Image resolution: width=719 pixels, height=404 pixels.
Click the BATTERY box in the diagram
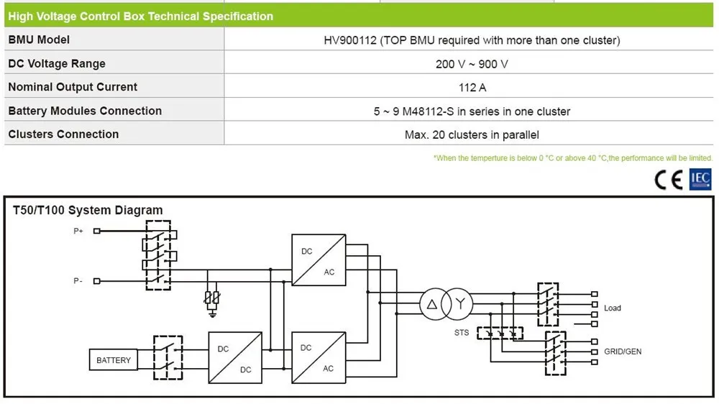114,360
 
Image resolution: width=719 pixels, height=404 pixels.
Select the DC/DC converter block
235,358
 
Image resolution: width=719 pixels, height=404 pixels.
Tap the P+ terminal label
78,231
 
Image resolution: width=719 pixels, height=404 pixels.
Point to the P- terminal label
78,280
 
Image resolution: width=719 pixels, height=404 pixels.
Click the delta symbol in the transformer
432,304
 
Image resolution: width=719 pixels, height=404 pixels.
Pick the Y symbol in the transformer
460,303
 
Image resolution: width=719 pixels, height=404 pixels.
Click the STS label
462,332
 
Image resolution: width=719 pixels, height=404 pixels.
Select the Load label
612,308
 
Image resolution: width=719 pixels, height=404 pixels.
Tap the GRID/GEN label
623,352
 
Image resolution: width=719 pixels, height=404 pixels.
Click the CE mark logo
669,179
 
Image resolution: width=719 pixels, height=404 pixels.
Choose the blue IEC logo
700,179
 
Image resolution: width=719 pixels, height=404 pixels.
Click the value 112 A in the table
472,88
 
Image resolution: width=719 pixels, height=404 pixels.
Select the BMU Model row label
39,40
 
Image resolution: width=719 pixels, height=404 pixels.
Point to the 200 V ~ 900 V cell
472,64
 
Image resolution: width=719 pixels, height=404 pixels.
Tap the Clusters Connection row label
63,134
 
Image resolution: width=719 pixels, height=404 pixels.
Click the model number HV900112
350,40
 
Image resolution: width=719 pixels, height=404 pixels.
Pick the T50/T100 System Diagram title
88,210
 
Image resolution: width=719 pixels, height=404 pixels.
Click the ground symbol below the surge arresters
212,313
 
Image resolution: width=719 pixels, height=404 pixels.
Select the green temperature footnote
573,158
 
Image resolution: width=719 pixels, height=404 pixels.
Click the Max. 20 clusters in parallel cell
472,135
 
